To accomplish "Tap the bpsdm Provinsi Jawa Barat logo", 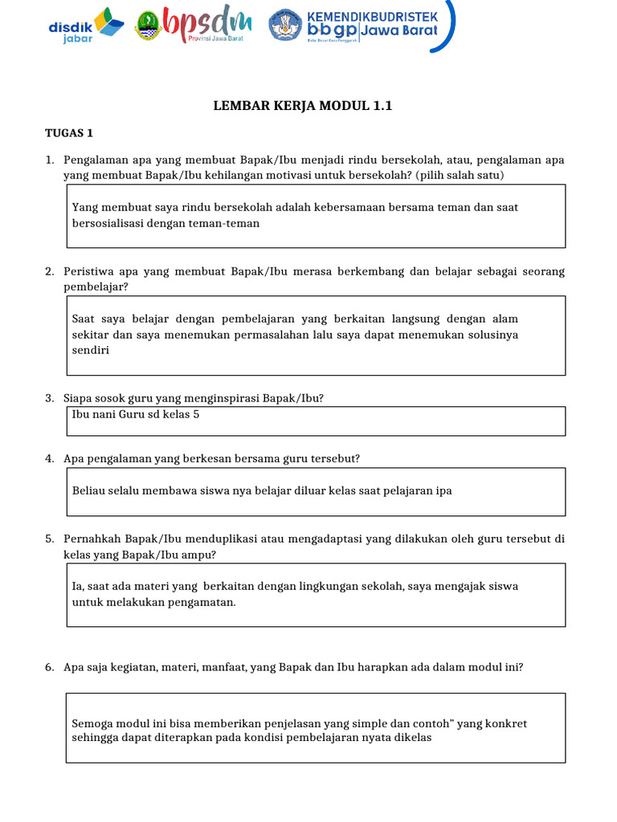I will tap(193, 26).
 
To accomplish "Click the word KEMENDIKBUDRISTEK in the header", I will tap(372, 16).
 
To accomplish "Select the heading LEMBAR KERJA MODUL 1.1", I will tap(302, 106).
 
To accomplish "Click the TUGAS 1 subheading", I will tap(69, 133).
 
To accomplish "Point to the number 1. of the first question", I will tap(50, 161).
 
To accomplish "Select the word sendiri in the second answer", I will tap(89, 351).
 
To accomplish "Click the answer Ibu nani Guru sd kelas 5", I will tap(136, 415).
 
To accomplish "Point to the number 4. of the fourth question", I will tap(50, 458).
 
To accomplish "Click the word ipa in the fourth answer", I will tap(443, 490).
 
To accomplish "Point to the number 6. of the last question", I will tap(50, 666).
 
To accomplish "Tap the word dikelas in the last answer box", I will tap(412, 738).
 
